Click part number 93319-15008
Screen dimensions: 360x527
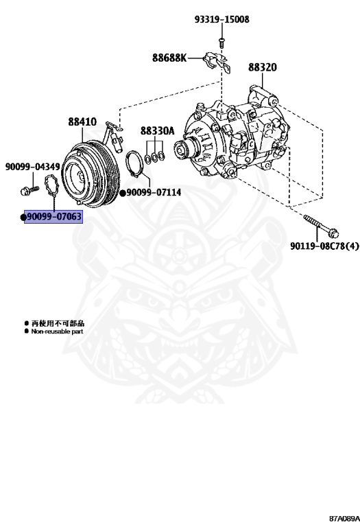(x=221, y=19)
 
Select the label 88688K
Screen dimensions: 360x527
(x=169, y=58)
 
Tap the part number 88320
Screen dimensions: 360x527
(x=262, y=67)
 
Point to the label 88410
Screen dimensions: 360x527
(x=82, y=121)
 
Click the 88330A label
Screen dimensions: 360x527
(x=157, y=131)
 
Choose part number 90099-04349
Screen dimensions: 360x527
(x=33, y=167)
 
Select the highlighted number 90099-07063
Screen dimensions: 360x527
(x=53, y=216)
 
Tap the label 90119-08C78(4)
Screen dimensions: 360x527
(x=324, y=246)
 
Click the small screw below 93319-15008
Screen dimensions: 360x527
(x=221, y=43)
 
